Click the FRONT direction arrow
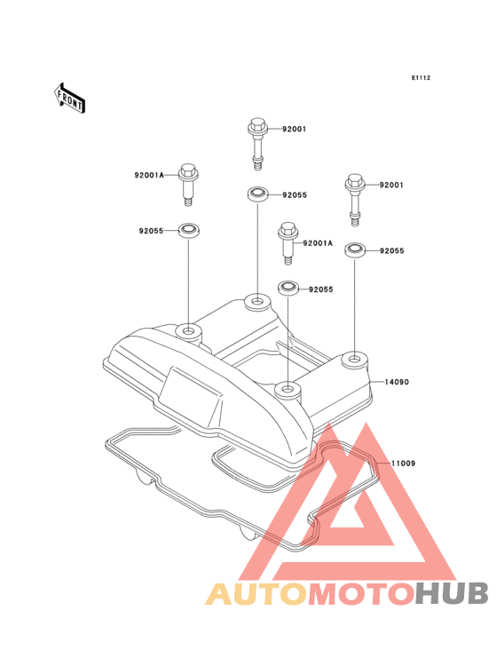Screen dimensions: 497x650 pyautogui.click(x=69, y=98)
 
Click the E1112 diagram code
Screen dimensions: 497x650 pyautogui.click(x=421, y=78)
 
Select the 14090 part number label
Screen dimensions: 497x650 pyautogui.click(x=397, y=382)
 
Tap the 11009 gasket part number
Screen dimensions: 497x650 pyautogui.click(x=404, y=463)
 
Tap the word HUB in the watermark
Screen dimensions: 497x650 pyautogui.click(x=453, y=594)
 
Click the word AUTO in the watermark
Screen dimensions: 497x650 pyautogui.click(x=256, y=594)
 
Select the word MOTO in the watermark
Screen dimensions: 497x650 pyautogui.click(x=362, y=594)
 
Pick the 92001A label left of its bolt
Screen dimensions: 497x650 pyautogui.click(x=149, y=175)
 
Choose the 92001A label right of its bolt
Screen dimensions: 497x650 pyautogui.click(x=318, y=243)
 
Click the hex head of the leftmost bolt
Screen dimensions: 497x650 pyautogui.click(x=188, y=169)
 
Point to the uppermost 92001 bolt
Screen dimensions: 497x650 pyautogui.click(x=257, y=144)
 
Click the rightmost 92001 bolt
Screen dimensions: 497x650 pyautogui.click(x=355, y=200)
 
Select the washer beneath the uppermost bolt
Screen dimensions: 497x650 pyautogui.click(x=257, y=194)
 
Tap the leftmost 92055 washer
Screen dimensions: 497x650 pyautogui.click(x=188, y=230)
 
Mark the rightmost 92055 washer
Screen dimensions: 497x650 pyautogui.click(x=355, y=250)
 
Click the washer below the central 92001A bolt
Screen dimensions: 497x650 pyautogui.click(x=288, y=288)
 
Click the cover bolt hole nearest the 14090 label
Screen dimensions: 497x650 pyautogui.click(x=353, y=358)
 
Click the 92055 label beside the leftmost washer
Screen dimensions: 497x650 pyautogui.click(x=151, y=231)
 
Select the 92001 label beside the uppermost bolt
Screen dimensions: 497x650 pyautogui.click(x=295, y=130)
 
